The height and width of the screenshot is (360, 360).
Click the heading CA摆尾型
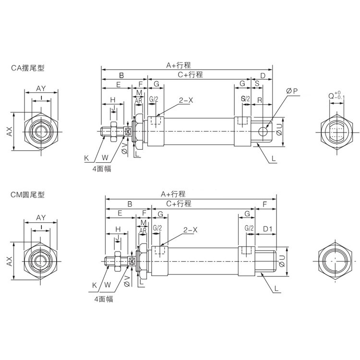pyautogui.click(x=27, y=68)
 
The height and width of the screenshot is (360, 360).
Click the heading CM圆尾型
pyautogui.click(x=27, y=195)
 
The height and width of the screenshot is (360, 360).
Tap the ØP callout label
pyautogui.click(x=292, y=91)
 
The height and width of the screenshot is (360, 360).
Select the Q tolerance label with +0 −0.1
pyautogui.click(x=336, y=95)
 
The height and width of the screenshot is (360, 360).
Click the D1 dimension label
pyautogui.click(x=267, y=228)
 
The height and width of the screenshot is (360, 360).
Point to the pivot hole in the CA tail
pyautogui.click(x=263, y=132)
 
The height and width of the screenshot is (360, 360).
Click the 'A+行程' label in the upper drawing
pyautogui.click(x=179, y=65)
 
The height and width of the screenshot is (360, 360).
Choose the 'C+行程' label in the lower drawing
pyautogui.click(x=179, y=204)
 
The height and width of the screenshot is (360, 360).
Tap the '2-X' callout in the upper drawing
pyautogui.click(x=186, y=100)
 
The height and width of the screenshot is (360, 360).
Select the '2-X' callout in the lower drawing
pyautogui.click(x=190, y=230)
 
